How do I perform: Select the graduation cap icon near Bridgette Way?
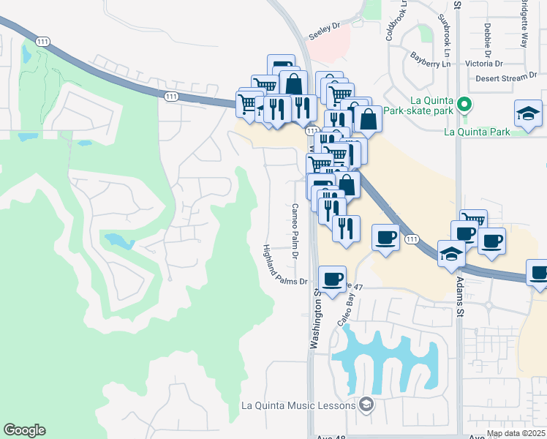pos(528,113)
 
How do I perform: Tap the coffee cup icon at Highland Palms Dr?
pos(333,278)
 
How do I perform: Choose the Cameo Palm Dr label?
pos(295,230)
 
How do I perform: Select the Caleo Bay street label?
pos(347,307)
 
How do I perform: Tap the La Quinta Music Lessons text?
pos(298,405)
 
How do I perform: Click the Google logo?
pos(24,430)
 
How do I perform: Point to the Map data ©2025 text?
pos(516,433)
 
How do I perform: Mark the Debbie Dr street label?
pos(487,40)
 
